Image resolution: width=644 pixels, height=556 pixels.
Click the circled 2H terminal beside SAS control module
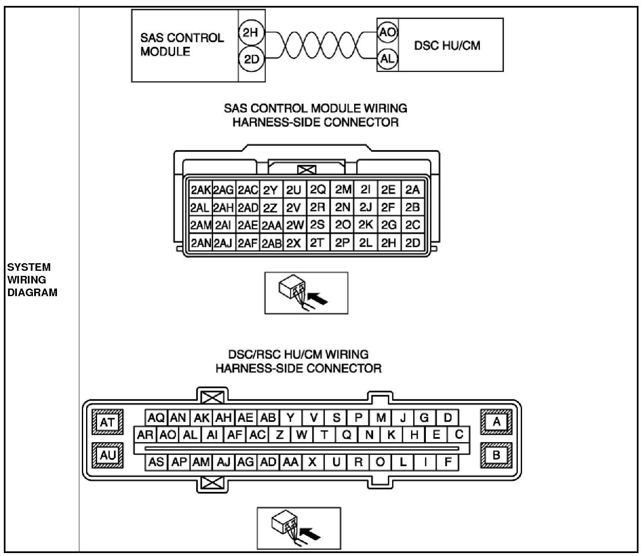(251, 32)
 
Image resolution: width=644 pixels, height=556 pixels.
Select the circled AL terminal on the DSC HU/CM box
(387, 59)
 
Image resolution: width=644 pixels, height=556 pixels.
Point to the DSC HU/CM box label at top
(447, 45)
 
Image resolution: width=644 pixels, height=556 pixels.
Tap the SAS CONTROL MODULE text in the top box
(182, 45)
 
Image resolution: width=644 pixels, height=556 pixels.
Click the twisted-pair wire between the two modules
(321, 46)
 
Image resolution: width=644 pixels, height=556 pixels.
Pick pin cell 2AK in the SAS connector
(200, 190)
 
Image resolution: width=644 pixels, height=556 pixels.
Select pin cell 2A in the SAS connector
(412, 190)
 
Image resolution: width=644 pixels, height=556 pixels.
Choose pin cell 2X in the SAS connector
(294, 243)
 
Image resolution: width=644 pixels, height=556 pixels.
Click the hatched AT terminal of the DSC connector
(107, 422)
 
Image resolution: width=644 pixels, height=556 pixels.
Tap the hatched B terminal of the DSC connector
(496, 455)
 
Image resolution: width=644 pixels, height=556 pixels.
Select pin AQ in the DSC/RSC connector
(156, 418)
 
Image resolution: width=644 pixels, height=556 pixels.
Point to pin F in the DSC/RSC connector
(448, 462)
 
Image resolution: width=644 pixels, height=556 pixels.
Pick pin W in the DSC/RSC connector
(301, 435)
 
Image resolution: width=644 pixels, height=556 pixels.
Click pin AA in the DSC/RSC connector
(290, 462)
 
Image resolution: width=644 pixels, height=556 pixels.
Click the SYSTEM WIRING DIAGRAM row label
(32, 279)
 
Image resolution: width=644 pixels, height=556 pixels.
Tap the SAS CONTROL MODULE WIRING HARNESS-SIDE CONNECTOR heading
(315, 115)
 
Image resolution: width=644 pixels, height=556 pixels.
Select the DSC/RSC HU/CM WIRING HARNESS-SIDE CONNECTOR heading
(298, 361)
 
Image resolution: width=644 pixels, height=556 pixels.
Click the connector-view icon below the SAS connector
(306, 293)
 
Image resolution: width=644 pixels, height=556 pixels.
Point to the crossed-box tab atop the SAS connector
(306, 170)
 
